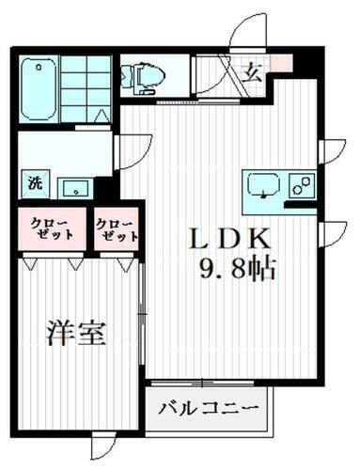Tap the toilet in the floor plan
click(x=144, y=79)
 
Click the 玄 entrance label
click(x=254, y=70)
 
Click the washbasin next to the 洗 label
click(x=70, y=186)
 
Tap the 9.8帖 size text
click(x=237, y=272)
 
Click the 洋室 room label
click(x=76, y=335)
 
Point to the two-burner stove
click(x=303, y=185)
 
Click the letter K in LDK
click(x=259, y=239)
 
